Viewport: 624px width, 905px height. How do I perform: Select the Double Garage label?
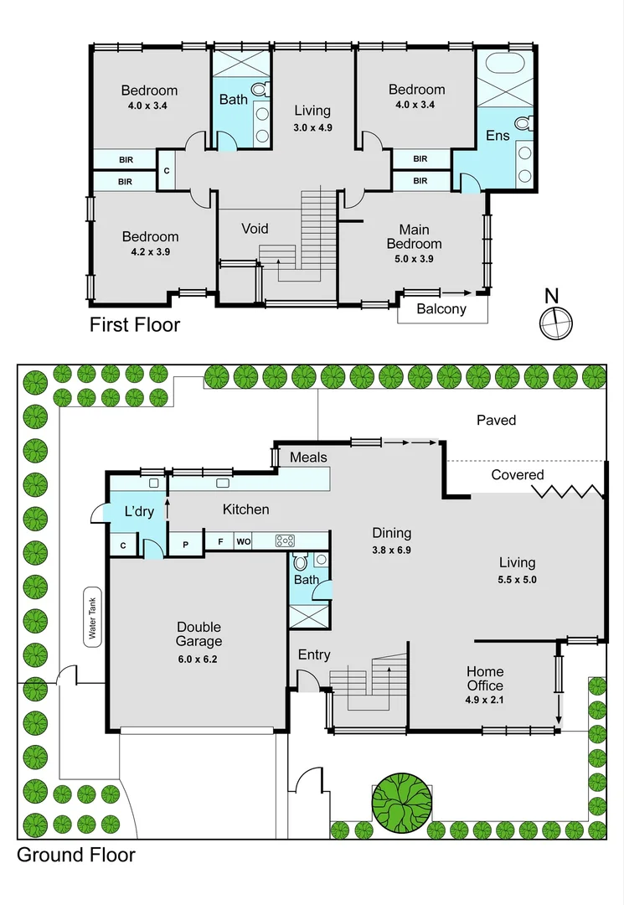(199, 634)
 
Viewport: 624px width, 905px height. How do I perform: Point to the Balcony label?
(441, 308)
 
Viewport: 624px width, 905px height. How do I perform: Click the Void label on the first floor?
(255, 229)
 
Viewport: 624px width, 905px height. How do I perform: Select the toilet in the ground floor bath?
(301, 562)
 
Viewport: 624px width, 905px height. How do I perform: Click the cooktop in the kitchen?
(286, 541)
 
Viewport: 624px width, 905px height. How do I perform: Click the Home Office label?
(485, 678)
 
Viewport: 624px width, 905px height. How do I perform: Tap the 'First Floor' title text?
(135, 324)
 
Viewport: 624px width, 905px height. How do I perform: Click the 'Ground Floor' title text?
(76, 855)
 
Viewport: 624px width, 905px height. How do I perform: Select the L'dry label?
(139, 511)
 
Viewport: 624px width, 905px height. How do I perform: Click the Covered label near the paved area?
(517, 475)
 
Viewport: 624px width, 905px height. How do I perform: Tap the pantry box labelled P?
(185, 542)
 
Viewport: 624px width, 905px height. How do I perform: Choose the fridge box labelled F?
(220, 542)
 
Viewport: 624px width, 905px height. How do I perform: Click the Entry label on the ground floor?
(314, 654)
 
